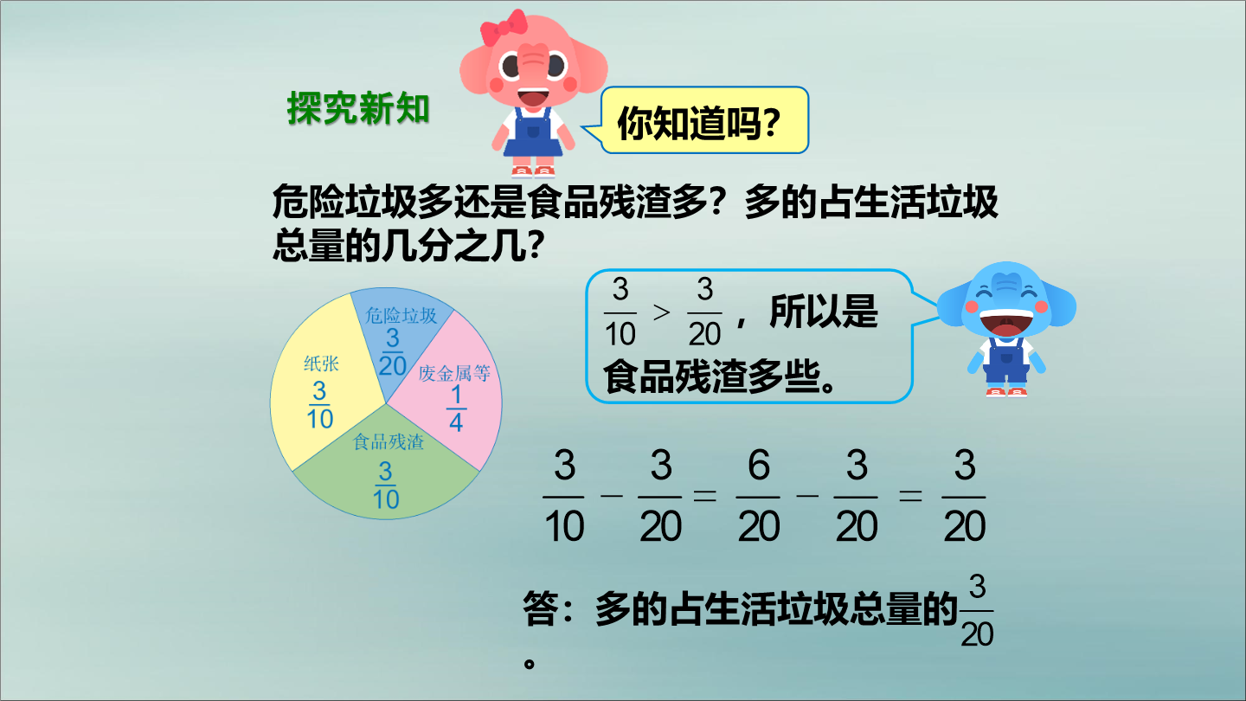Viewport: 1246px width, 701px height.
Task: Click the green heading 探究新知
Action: click(x=358, y=108)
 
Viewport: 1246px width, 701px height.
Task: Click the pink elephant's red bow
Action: click(x=504, y=27)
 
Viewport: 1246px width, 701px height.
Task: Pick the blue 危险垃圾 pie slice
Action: click(x=400, y=339)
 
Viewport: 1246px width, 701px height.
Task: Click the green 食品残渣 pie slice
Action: click(x=386, y=473)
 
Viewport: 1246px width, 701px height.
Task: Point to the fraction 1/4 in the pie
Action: click(x=456, y=408)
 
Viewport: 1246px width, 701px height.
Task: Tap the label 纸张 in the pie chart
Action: click(x=321, y=363)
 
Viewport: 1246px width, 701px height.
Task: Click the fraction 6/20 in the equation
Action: click(x=759, y=496)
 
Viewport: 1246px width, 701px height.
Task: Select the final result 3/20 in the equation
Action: click(x=965, y=496)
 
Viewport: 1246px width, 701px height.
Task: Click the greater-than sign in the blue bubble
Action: click(x=661, y=312)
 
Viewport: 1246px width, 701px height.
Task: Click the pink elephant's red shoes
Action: click(x=532, y=171)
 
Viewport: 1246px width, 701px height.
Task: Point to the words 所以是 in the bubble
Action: click(x=824, y=312)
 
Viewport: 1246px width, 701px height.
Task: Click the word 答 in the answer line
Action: click(x=541, y=610)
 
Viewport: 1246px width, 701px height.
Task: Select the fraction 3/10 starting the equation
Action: click(x=564, y=496)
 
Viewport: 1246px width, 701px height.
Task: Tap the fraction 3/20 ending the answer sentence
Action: click(x=978, y=611)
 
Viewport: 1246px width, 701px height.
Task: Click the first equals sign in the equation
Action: click(x=704, y=495)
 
